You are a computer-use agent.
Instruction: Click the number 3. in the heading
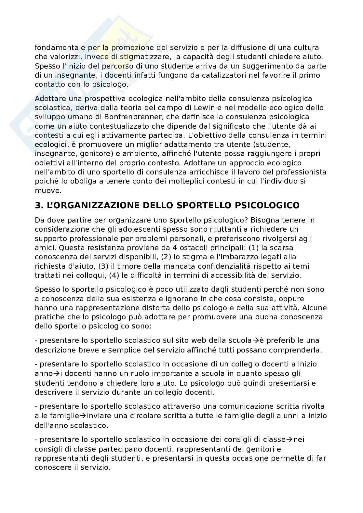[x=39, y=206]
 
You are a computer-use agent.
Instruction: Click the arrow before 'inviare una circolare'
[x=83, y=416]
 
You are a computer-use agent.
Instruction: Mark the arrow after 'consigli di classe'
[x=289, y=440]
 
